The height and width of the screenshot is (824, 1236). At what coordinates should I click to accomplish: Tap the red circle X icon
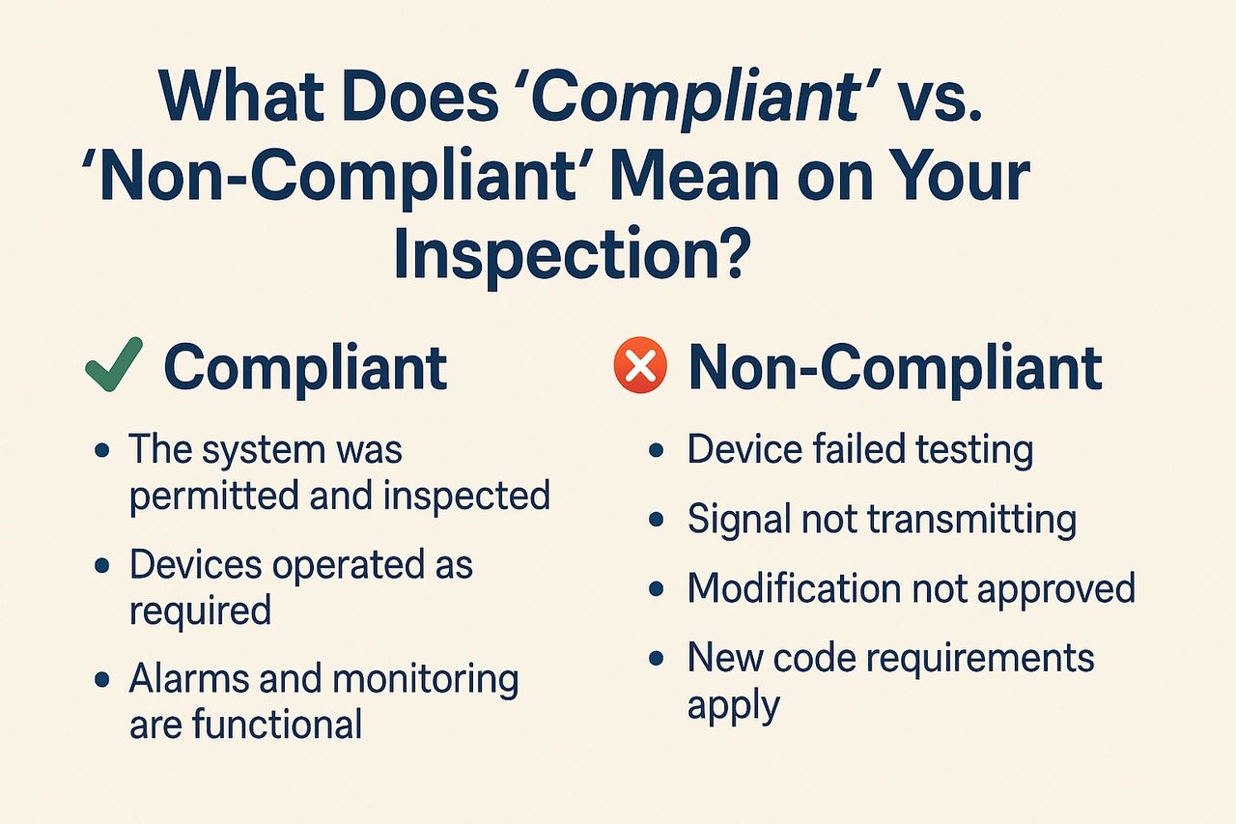coord(640,365)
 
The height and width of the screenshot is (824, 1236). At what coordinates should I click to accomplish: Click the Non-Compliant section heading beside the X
coord(895,367)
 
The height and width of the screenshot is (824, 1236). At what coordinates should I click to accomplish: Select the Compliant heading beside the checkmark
coord(306,367)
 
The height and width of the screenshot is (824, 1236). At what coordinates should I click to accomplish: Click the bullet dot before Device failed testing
coord(656,451)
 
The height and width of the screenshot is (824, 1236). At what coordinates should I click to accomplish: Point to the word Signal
coord(737,521)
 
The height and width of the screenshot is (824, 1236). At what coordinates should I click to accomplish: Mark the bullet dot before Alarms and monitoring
coord(102,679)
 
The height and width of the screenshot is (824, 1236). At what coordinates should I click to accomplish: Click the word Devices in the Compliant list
coord(196,564)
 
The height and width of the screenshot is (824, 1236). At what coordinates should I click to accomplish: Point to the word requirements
coord(980,660)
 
